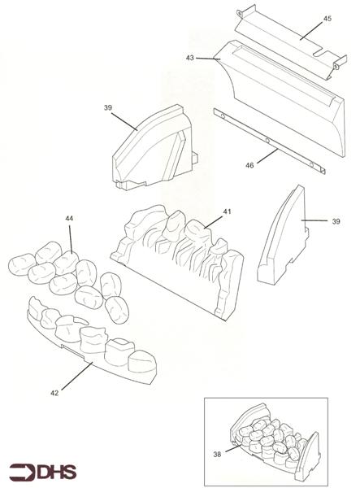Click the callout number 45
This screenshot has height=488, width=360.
(327, 19)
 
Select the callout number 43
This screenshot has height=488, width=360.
(190, 58)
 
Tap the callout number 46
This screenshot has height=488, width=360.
(249, 166)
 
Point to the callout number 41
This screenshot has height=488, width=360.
(228, 211)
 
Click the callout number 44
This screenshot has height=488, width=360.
(69, 219)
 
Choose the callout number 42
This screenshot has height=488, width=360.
(54, 394)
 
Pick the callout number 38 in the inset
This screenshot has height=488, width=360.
(217, 455)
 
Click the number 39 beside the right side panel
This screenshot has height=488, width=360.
(336, 221)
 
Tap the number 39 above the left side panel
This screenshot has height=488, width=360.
(108, 107)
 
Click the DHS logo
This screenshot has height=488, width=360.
(42, 472)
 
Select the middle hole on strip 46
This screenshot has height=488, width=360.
(267, 141)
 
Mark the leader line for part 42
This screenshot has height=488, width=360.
(76, 376)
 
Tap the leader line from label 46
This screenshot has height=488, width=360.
(267, 155)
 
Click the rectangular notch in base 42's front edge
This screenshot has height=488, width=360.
(72, 351)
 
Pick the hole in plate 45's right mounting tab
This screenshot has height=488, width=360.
(336, 66)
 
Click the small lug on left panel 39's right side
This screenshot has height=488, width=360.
(195, 157)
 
